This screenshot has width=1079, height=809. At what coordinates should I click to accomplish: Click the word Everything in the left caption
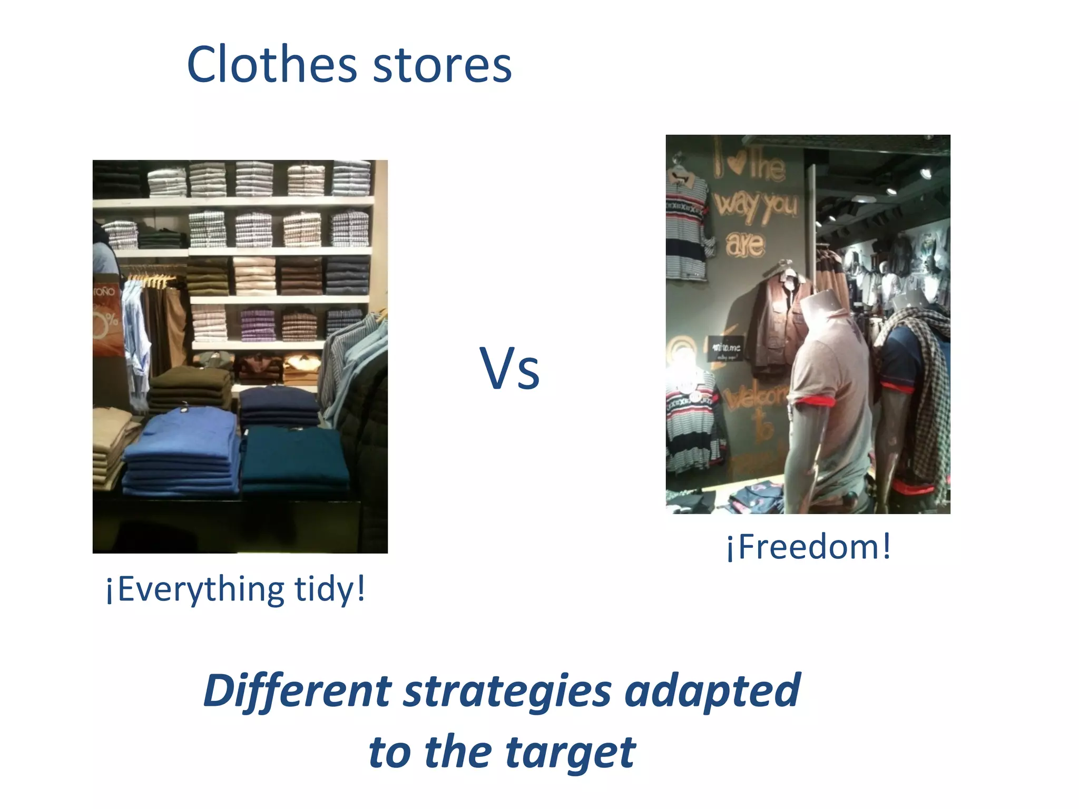point(201,590)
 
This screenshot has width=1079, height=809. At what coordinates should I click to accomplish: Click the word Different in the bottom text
point(298,691)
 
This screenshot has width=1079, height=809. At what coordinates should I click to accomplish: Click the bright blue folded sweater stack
point(182,453)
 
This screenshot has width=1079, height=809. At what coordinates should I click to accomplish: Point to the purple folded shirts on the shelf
point(258,324)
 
